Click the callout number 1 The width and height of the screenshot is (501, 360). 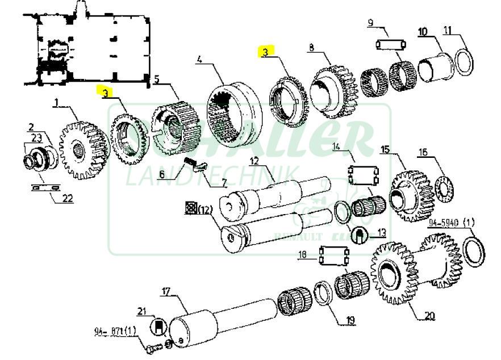[57, 102]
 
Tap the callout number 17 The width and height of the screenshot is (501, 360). [165, 292]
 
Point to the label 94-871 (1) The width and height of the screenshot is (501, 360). [116, 331]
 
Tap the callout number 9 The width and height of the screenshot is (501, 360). [370, 23]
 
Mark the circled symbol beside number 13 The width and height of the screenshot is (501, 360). [358, 233]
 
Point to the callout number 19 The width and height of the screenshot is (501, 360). [350, 320]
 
